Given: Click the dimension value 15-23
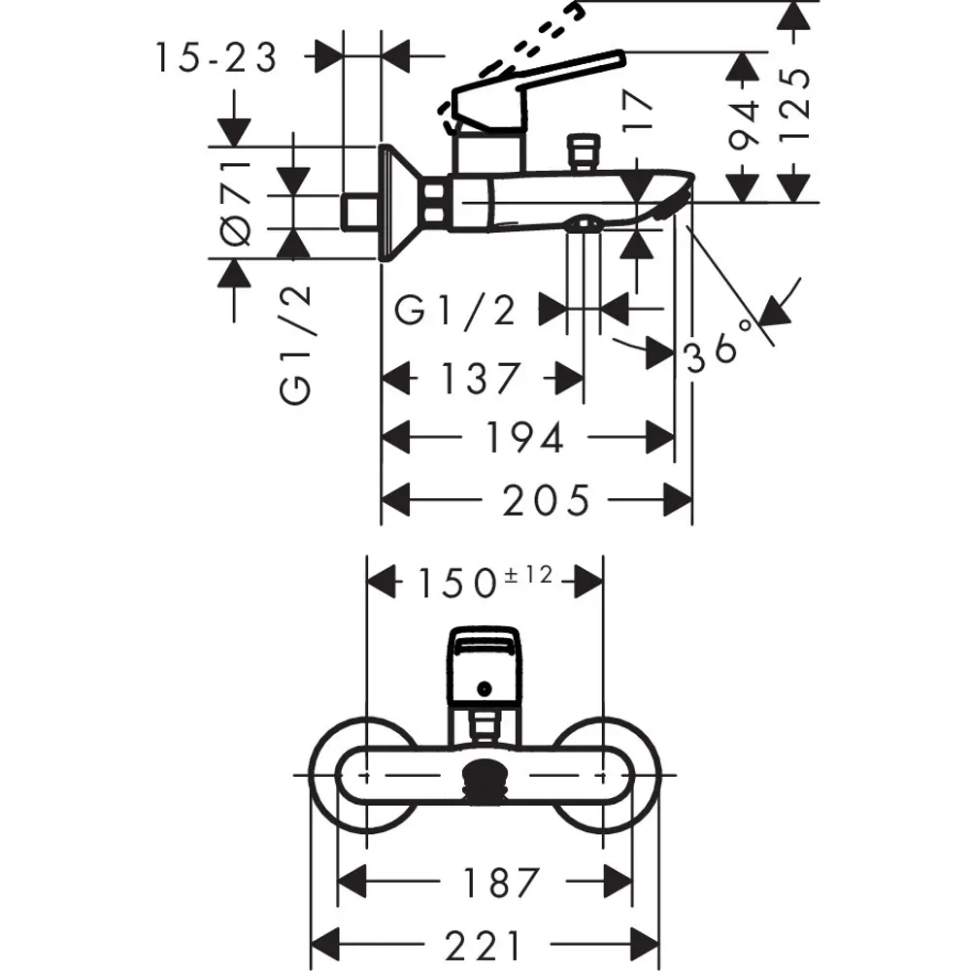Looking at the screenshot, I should point(216,58).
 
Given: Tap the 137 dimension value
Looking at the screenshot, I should point(482,377).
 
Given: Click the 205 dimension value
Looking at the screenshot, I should point(547,501).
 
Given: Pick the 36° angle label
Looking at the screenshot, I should point(720,348).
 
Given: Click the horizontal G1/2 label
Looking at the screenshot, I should point(454,311).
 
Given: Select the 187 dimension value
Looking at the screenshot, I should point(499,884).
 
